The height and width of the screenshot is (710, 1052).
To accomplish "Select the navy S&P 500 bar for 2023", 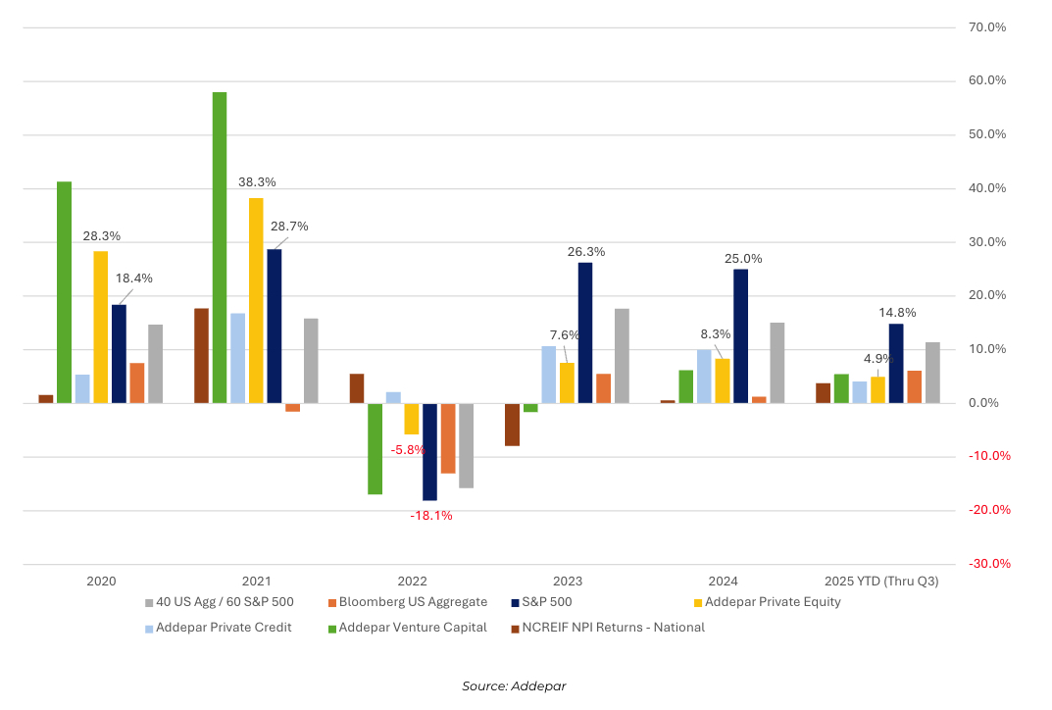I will click(585, 332).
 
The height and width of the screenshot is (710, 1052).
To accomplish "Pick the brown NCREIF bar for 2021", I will click(201, 356).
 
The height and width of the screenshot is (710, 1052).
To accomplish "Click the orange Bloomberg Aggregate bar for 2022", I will click(448, 438).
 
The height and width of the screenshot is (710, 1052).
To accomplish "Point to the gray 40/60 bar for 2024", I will click(777, 363).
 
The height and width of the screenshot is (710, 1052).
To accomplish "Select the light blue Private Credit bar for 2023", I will click(549, 375).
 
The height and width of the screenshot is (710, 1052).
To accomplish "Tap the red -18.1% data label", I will click(431, 516).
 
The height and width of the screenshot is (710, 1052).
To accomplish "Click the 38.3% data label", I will click(257, 182).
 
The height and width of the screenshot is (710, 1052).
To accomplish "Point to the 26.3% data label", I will click(586, 252).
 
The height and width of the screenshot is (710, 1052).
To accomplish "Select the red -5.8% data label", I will click(408, 450).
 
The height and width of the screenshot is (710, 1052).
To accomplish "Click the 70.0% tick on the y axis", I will click(986, 27).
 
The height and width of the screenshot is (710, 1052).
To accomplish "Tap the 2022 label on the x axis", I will click(412, 582).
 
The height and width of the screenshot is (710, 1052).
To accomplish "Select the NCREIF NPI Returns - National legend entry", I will click(608, 628).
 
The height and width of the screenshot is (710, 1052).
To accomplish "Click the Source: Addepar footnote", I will click(514, 686).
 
